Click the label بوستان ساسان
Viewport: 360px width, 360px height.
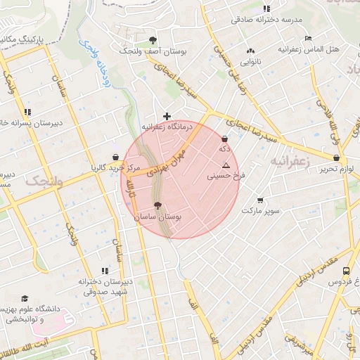pos(158,218)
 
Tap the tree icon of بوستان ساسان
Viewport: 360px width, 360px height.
pos(157,207)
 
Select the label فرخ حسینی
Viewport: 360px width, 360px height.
pos(222,177)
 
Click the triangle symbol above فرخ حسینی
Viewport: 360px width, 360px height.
pos(226,166)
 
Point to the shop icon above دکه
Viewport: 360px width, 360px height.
pos(224,139)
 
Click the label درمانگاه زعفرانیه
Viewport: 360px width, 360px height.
pos(167,127)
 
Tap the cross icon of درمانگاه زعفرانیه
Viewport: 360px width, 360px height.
pos(167,116)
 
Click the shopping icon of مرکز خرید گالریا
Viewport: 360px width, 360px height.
pos(115,157)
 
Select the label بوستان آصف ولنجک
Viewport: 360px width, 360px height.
pos(152,51)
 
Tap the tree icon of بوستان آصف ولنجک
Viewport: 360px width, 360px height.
pos(153,40)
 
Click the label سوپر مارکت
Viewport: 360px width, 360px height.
pos(261,210)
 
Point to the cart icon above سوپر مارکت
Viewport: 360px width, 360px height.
pos(261,200)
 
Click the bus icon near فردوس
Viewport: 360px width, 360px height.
pos(346,271)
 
